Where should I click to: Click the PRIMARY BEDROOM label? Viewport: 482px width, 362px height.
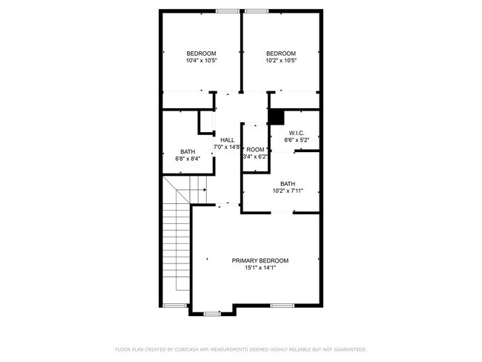[x=260, y=260]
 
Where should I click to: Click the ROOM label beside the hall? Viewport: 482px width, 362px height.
[x=255, y=150]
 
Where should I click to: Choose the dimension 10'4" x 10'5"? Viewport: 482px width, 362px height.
[x=201, y=61]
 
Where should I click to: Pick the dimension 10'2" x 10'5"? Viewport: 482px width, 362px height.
[x=281, y=61]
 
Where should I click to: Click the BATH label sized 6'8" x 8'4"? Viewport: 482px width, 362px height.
[x=188, y=151]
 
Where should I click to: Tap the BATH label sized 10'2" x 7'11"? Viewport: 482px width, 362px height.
[x=288, y=184]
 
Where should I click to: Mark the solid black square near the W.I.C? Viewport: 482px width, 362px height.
[x=276, y=116]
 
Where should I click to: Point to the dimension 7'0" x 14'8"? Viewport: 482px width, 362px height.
[x=227, y=147]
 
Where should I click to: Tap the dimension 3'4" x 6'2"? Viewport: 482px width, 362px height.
[x=256, y=157]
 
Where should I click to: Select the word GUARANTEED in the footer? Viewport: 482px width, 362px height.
[x=346, y=349]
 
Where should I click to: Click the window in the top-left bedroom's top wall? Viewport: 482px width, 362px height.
[x=228, y=10]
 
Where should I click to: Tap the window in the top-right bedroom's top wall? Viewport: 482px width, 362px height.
[x=257, y=10]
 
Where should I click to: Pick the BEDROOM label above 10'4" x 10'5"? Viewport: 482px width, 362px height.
[x=201, y=53]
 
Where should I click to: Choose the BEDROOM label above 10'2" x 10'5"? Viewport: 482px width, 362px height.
[x=281, y=53]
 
